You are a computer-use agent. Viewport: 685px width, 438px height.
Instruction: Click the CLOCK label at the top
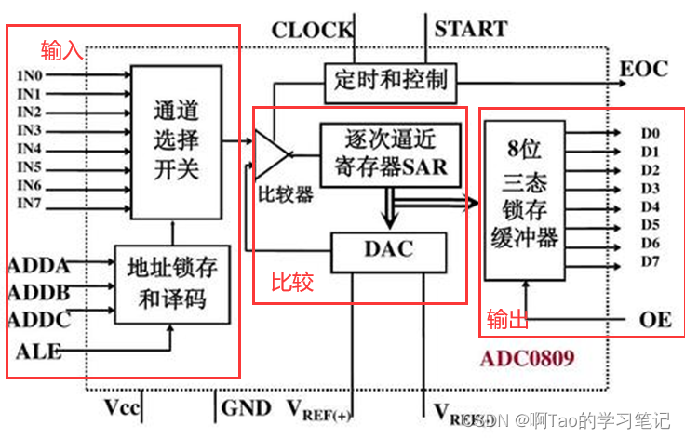[x=312, y=30]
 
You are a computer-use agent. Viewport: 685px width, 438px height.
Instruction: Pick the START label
[x=470, y=30]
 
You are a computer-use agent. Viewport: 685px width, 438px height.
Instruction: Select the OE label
[x=655, y=319]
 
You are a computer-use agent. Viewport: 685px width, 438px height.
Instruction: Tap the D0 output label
[x=650, y=133]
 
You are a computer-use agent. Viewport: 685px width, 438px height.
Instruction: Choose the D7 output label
[x=650, y=261]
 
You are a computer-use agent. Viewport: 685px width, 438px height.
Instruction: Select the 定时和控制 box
[x=390, y=79]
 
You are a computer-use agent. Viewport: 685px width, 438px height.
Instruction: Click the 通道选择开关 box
[x=176, y=140]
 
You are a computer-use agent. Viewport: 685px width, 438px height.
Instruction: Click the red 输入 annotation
[x=62, y=50]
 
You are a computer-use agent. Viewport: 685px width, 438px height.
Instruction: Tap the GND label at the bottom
[x=247, y=407]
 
